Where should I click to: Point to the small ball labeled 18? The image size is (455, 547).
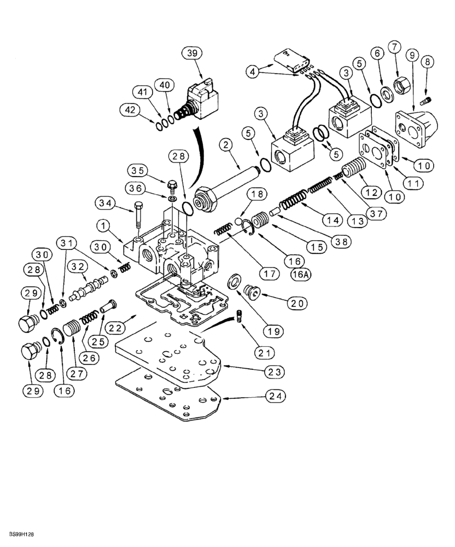click(239, 220)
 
